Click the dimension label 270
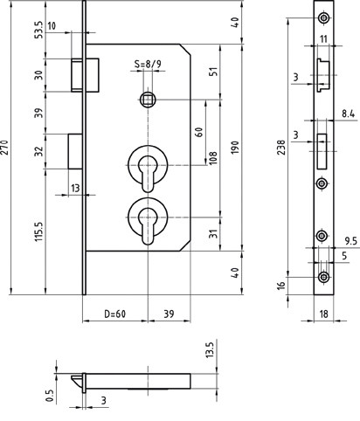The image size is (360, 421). click(x=5, y=148)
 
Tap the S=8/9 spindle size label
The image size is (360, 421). click(x=148, y=64)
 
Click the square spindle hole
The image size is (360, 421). click(x=148, y=100)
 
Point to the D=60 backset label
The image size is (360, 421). click(x=115, y=314)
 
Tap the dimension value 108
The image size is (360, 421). click(x=213, y=158)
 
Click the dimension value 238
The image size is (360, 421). click(x=280, y=148)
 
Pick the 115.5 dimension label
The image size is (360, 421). click(x=38, y=231)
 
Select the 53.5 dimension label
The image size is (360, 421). click(x=38, y=30)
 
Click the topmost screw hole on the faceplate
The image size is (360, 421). click(x=323, y=17)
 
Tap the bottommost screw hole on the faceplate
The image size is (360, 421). click(x=323, y=277)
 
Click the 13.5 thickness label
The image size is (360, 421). click(x=210, y=350)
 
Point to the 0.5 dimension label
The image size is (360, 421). click(x=50, y=396)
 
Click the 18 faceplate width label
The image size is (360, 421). click(x=324, y=314)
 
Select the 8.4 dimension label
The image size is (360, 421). click(x=349, y=114)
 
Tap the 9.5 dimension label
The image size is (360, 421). click(x=350, y=241)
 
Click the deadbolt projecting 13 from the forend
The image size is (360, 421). click(x=75, y=151)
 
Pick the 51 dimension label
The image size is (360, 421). click(x=213, y=72)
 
